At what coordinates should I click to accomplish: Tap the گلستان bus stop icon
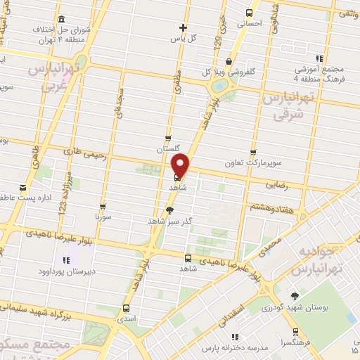click(167, 139)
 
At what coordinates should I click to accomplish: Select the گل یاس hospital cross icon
click(182, 27)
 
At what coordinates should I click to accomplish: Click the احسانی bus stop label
click(250, 23)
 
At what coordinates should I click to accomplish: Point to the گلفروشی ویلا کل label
click(226, 72)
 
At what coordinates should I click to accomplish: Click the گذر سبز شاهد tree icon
click(169, 210)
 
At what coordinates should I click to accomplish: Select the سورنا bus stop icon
click(103, 207)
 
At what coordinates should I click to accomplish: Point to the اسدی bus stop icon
click(127, 308)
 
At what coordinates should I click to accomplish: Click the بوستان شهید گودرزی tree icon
click(295, 296)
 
